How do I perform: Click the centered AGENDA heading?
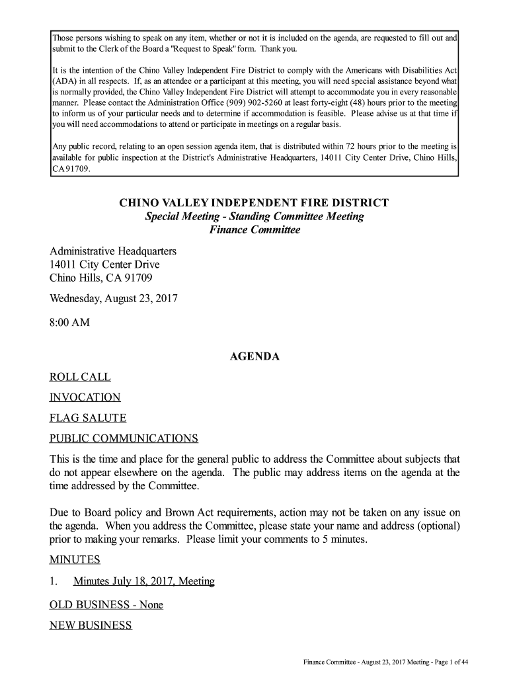pyautogui.click(x=254, y=357)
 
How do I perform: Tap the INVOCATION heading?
pyautogui.click(x=85, y=398)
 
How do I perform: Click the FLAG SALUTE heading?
pyautogui.click(x=88, y=418)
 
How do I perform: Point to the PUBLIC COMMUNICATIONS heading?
pyautogui.click(x=124, y=439)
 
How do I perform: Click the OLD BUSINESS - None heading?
pyautogui.click(x=106, y=605)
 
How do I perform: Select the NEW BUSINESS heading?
pyautogui.click(x=91, y=625)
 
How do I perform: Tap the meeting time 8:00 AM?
pyautogui.click(x=69, y=323)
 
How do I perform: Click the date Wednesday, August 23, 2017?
pyautogui.click(x=114, y=299)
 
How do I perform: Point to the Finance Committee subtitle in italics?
pyautogui.click(x=255, y=230)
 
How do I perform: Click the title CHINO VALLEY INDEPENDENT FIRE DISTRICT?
pyautogui.click(x=254, y=203)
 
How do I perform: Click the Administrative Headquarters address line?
pyautogui.click(x=113, y=252)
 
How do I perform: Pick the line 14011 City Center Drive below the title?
pyautogui.click(x=104, y=265)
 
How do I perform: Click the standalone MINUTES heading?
pyautogui.click(x=75, y=560)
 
